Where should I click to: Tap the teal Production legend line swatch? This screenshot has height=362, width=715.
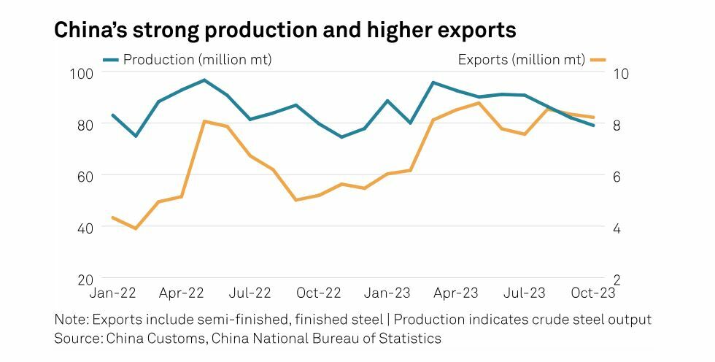[111, 60]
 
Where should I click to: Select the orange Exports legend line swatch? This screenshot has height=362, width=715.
[598, 60]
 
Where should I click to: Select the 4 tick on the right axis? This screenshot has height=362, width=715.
[617, 228]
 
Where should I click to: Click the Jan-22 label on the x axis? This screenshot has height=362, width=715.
[112, 293]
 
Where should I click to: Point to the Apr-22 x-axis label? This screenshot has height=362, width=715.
[181, 293]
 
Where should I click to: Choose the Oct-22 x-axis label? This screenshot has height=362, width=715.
[319, 293]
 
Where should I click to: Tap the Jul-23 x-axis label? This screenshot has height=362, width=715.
[524, 293]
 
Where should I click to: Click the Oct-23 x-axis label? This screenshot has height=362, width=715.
[593, 293]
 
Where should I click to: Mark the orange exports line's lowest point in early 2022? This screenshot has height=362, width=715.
[135, 228]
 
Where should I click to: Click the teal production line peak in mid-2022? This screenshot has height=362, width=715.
[204, 80]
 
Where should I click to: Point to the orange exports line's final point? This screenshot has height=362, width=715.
[593, 117]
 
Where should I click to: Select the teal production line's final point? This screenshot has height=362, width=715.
[593, 126]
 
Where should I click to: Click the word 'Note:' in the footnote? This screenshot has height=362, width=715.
[71, 320]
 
